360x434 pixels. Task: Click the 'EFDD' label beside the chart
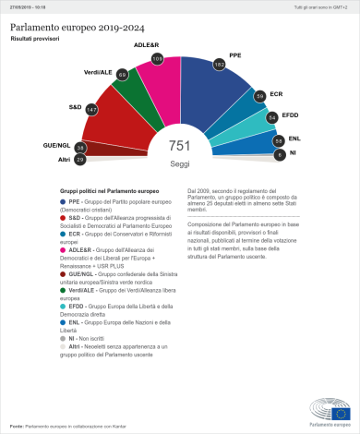[293, 115]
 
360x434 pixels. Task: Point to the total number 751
[179, 147]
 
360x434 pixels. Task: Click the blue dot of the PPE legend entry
[61, 200]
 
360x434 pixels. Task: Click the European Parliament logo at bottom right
[330, 410]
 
